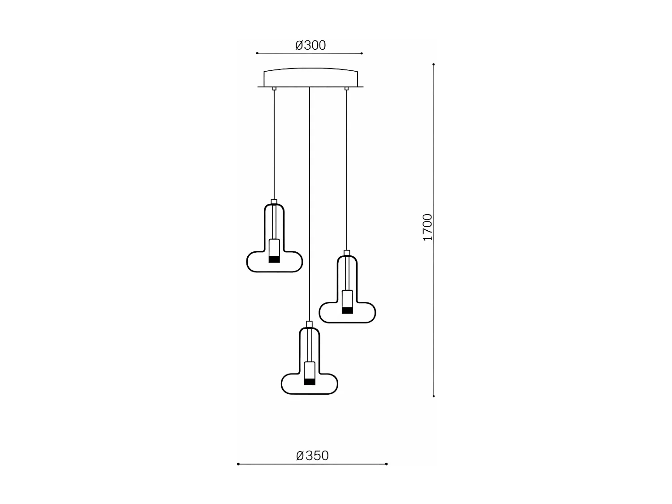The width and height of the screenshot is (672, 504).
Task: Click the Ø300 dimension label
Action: pyautogui.click(x=310, y=45)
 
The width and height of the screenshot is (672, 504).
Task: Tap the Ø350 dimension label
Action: pyautogui.click(x=312, y=456)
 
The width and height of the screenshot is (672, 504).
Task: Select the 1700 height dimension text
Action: pyautogui.click(x=428, y=227)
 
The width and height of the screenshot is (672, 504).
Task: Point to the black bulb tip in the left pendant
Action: pyautogui.click(x=274, y=259)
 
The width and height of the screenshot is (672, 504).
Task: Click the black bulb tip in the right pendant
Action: pyautogui.click(x=347, y=310)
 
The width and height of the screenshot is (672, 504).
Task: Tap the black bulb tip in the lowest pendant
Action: pyautogui.click(x=310, y=382)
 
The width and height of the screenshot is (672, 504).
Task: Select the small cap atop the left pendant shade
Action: pyautogui.click(x=274, y=202)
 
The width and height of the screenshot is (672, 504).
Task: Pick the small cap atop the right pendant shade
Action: pyautogui.click(x=347, y=253)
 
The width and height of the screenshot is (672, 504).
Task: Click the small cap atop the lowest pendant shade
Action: pyautogui.click(x=309, y=324)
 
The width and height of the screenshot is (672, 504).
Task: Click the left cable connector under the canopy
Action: pyautogui.click(x=274, y=89)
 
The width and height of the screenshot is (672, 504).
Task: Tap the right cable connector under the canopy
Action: pyautogui.click(x=346, y=89)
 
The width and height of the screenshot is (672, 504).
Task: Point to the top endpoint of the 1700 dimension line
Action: pyautogui.click(x=434, y=65)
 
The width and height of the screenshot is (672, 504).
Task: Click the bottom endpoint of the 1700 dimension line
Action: pyautogui.click(x=434, y=396)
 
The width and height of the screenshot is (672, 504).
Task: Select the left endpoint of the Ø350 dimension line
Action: pyautogui.click(x=238, y=464)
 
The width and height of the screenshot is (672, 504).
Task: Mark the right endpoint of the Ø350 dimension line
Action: pyautogui.click(x=386, y=464)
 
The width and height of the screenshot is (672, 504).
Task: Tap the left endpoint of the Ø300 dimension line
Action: pyautogui.click(x=257, y=53)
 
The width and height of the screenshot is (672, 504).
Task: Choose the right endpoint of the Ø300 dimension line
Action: pyautogui.click(x=362, y=53)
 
